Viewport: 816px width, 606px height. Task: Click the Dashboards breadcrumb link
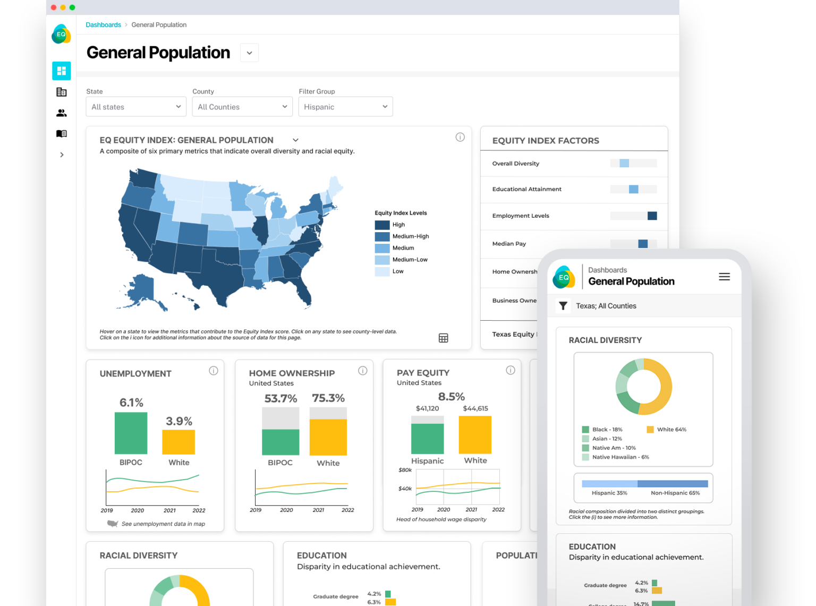coord(103,25)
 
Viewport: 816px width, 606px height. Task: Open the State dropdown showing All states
coord(136,107)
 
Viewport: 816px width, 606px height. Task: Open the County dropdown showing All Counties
coord(242,107)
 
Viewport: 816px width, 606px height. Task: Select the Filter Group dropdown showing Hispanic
coord(345,107)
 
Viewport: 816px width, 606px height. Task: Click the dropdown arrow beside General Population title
coord(249,53)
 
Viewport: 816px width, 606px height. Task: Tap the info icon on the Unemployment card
coord(214,371)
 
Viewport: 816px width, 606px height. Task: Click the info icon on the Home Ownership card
coord(363,371)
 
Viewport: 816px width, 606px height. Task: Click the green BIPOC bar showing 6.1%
coord(131,433)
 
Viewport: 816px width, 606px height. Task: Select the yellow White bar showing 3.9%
coord(178,442)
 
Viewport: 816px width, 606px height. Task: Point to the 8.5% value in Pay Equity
coord(451,397)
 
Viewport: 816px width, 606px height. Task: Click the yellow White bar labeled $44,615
coord(475,434)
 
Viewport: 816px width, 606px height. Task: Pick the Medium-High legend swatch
coord(382,236)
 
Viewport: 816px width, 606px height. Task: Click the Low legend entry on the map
coord(397,271)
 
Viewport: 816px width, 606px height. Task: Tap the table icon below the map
coord(444,338)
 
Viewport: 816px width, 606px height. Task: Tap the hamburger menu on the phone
coord(724,277)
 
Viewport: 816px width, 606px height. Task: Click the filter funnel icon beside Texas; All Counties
coord(563,306)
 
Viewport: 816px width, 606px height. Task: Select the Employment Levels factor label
coord(521,216)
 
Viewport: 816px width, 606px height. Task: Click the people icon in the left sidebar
coord(62,113)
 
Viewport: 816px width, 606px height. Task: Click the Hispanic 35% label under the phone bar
coord(609,493)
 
